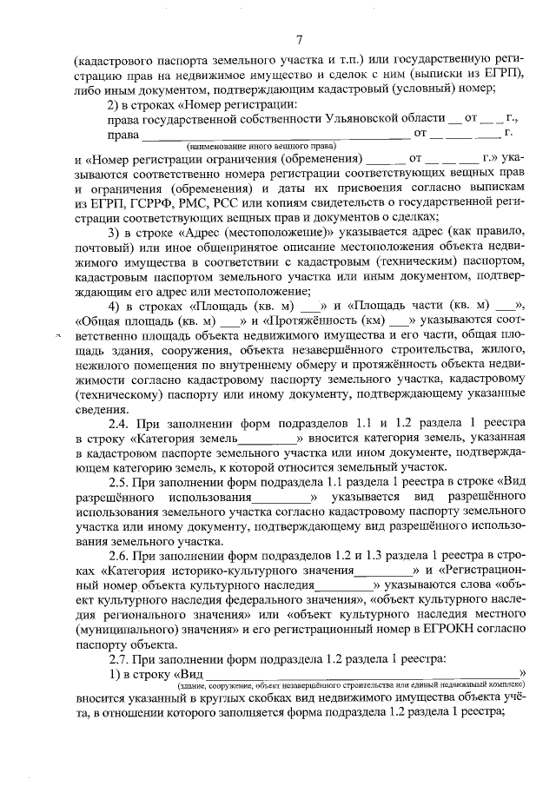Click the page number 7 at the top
[299, 39]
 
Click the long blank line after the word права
[275, 135]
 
